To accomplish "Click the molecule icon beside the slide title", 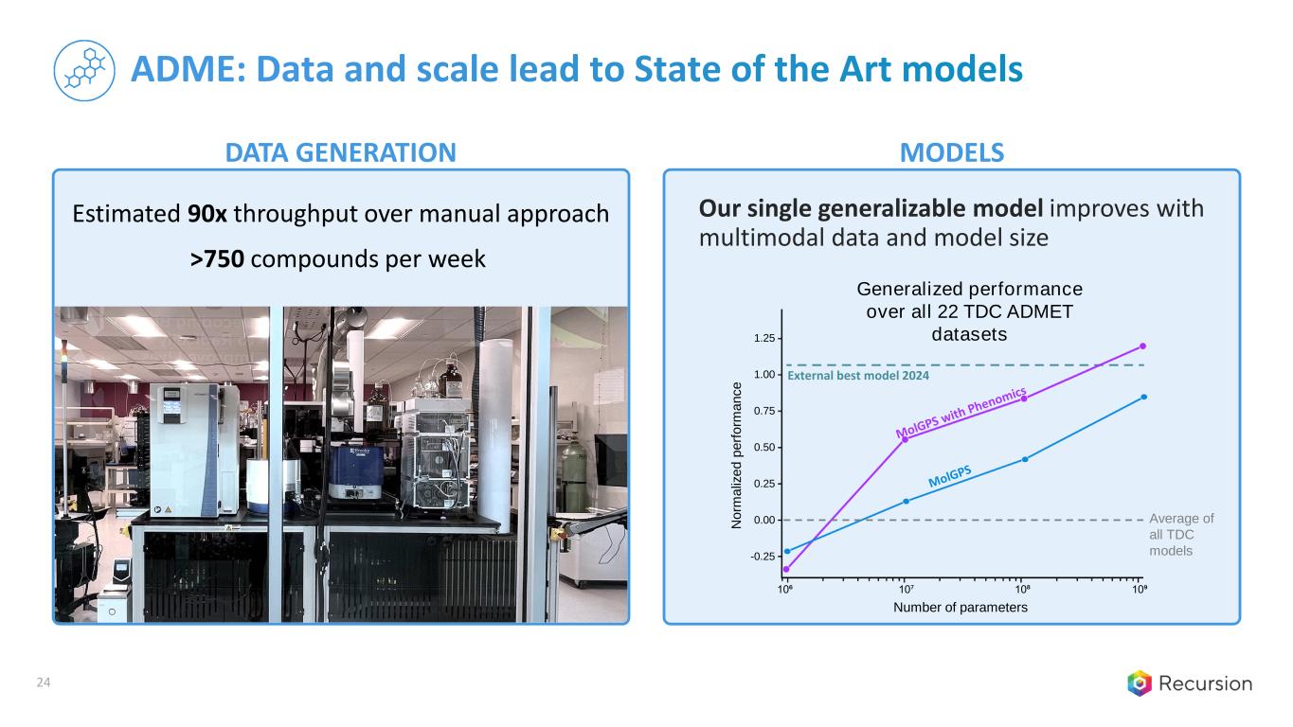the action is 84,70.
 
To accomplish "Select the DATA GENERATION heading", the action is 341,153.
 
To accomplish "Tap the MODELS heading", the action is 952,153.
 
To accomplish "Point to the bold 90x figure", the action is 207,214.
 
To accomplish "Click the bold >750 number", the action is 217,259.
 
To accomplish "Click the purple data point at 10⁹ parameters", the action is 1143,346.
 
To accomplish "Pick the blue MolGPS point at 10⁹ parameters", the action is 1144,397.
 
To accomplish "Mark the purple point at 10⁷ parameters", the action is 906,439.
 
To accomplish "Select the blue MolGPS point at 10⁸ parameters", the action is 1025,459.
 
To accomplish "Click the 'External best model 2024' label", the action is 858,376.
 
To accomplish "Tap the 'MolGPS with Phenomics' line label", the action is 961,413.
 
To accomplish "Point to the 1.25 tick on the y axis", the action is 764,338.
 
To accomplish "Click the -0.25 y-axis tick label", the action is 763,557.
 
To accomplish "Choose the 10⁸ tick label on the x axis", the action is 1023,589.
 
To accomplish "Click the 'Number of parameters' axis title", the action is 961,607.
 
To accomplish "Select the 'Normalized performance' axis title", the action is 736,455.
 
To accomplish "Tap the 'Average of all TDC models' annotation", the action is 1181,534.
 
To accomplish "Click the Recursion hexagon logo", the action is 1140,683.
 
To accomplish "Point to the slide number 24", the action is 44,683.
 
